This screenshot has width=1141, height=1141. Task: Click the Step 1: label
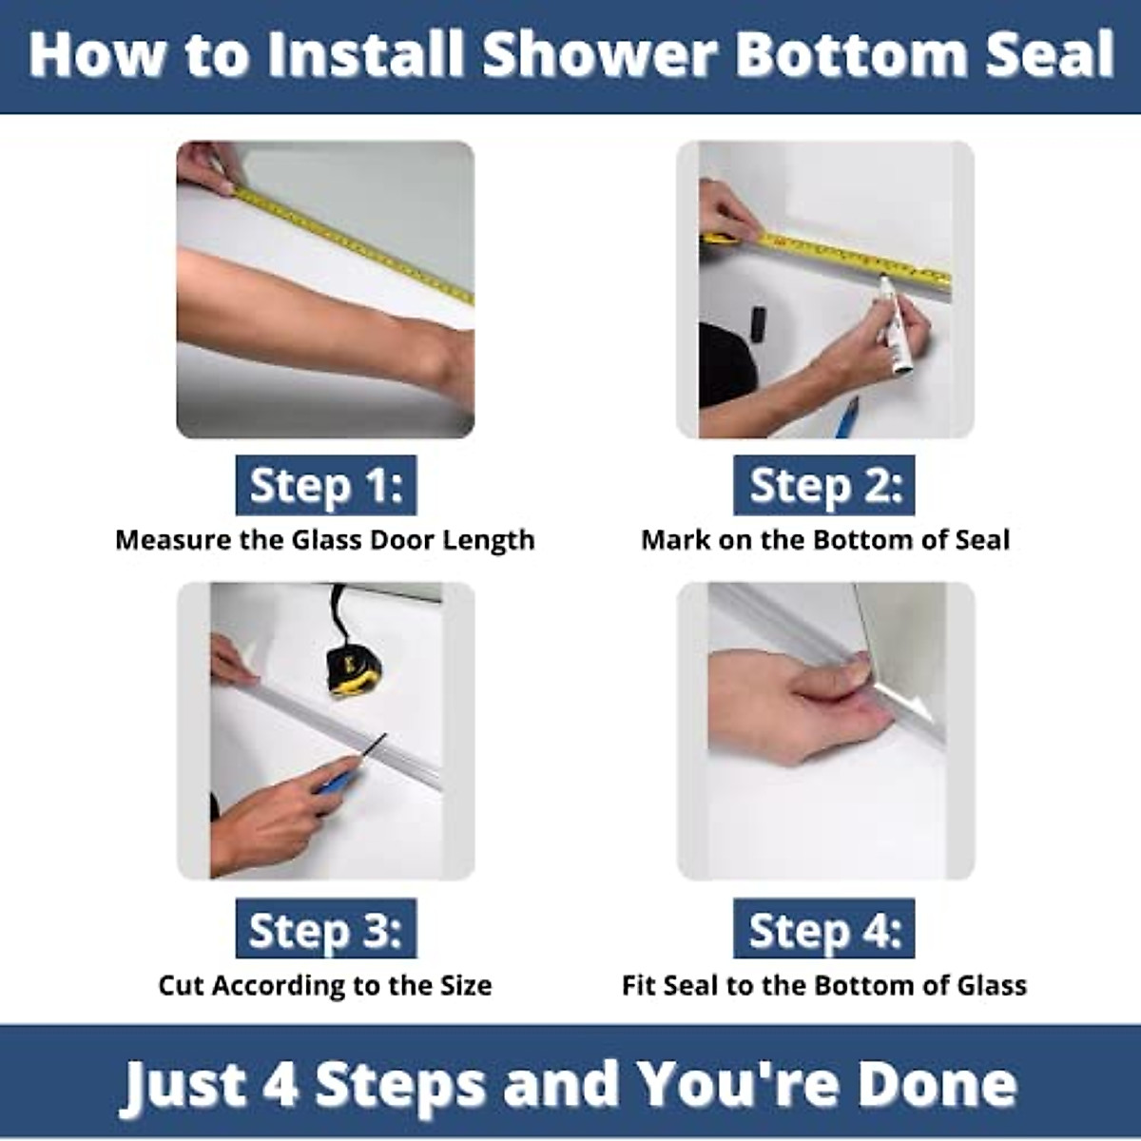pyautogui.click(x=325, y=486)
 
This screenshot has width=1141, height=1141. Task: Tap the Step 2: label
pyautogui.click(x=824, y=486)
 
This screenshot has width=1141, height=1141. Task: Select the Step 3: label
pyautogui.click(x=325, y=929)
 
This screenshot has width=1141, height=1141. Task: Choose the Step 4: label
pyautogui.click(x=824, y=929)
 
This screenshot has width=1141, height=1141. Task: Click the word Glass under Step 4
pyautogui.click(x=992, y=985)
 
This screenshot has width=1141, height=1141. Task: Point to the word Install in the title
pyautogui.click(x=371, y=54)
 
